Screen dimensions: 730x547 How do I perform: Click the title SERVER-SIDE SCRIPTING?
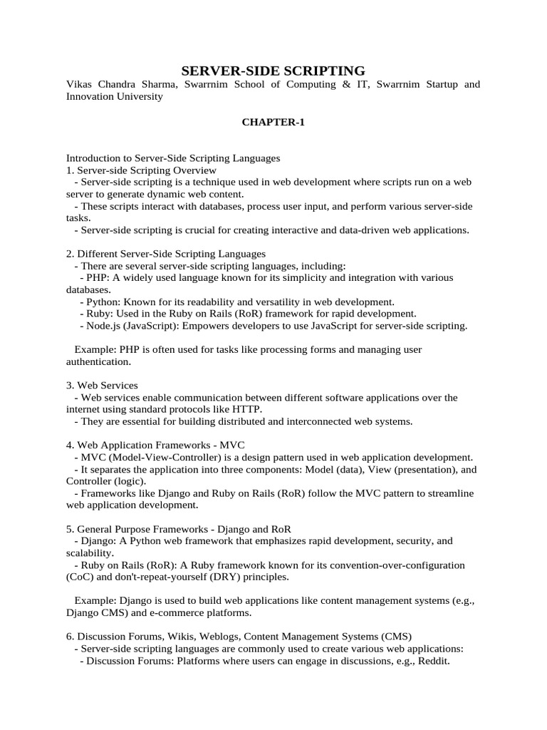[x=273, y=70]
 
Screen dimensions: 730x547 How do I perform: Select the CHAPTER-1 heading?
[x=273, y=123]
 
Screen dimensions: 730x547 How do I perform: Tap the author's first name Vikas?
[x=79, y=85]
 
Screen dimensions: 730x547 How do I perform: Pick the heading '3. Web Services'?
[x=102, y=386]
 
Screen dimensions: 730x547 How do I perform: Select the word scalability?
[x=89, y=552]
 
